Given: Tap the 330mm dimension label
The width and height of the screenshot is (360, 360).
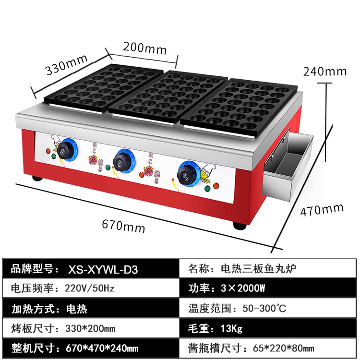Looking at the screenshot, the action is [66, 65].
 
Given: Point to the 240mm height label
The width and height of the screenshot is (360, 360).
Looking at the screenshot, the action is [324, 72].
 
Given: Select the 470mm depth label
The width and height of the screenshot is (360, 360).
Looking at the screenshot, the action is [322, 210].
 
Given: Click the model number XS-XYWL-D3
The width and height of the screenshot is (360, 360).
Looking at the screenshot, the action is [103, 269].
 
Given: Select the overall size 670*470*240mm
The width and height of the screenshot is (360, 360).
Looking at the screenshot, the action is [102, 348].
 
